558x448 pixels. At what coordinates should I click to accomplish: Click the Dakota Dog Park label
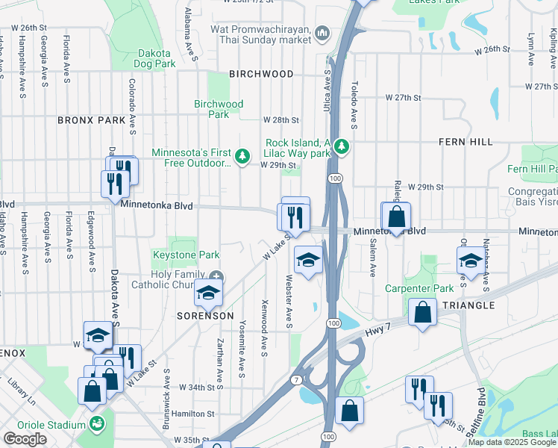click(156, 59)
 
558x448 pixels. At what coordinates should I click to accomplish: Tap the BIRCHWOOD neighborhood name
click(261, 74)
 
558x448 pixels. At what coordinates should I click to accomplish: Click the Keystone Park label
click(186, 255)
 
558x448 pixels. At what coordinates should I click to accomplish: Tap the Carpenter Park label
click(419, 288)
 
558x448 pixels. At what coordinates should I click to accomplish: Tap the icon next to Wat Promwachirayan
click(322, 32)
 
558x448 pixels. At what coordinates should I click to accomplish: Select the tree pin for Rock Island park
click(342, 146)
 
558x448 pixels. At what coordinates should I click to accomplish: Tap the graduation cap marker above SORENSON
click(209, 293)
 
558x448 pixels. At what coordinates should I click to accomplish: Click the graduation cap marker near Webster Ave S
click(308, 259)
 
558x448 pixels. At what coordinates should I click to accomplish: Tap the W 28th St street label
click(281, 119)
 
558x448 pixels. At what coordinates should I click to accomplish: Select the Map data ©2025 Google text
click(511, 442)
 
